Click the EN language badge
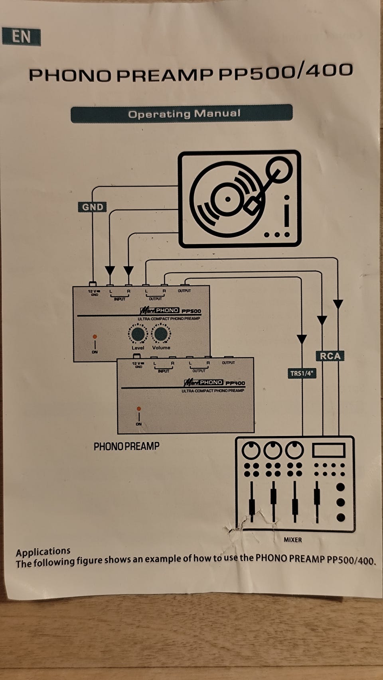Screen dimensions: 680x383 (x=21, y=37)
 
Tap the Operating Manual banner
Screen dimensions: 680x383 (x=182, y=114)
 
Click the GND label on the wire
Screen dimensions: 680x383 (x=93, y=207)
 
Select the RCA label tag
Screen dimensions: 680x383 (x=330, y=356)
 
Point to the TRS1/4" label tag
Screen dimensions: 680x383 (x=302, y=373)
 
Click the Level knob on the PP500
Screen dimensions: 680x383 (x=138, y=334)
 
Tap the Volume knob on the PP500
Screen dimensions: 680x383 (x=161, y=334)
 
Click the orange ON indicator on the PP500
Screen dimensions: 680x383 (x=95, y=337)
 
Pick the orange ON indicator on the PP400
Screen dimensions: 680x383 (x=138, y=409)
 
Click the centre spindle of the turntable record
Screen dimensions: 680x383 (x=227, y=199)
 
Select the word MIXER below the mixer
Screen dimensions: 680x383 (x=292, y=540)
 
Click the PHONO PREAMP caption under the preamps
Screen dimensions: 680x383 (x=126, y=446)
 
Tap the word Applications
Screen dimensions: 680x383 (x=43, y=552)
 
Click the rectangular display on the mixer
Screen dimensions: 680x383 (x=328, y=450)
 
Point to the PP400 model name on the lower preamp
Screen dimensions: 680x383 (x=235, y=383)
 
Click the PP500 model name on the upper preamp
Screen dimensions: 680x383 (x=191, y=311)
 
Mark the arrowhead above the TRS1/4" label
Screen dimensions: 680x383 (x=302, y=339)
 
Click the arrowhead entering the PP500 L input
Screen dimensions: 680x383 (x=110, y=271)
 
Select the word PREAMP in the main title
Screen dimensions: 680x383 (x=165, y=75)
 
